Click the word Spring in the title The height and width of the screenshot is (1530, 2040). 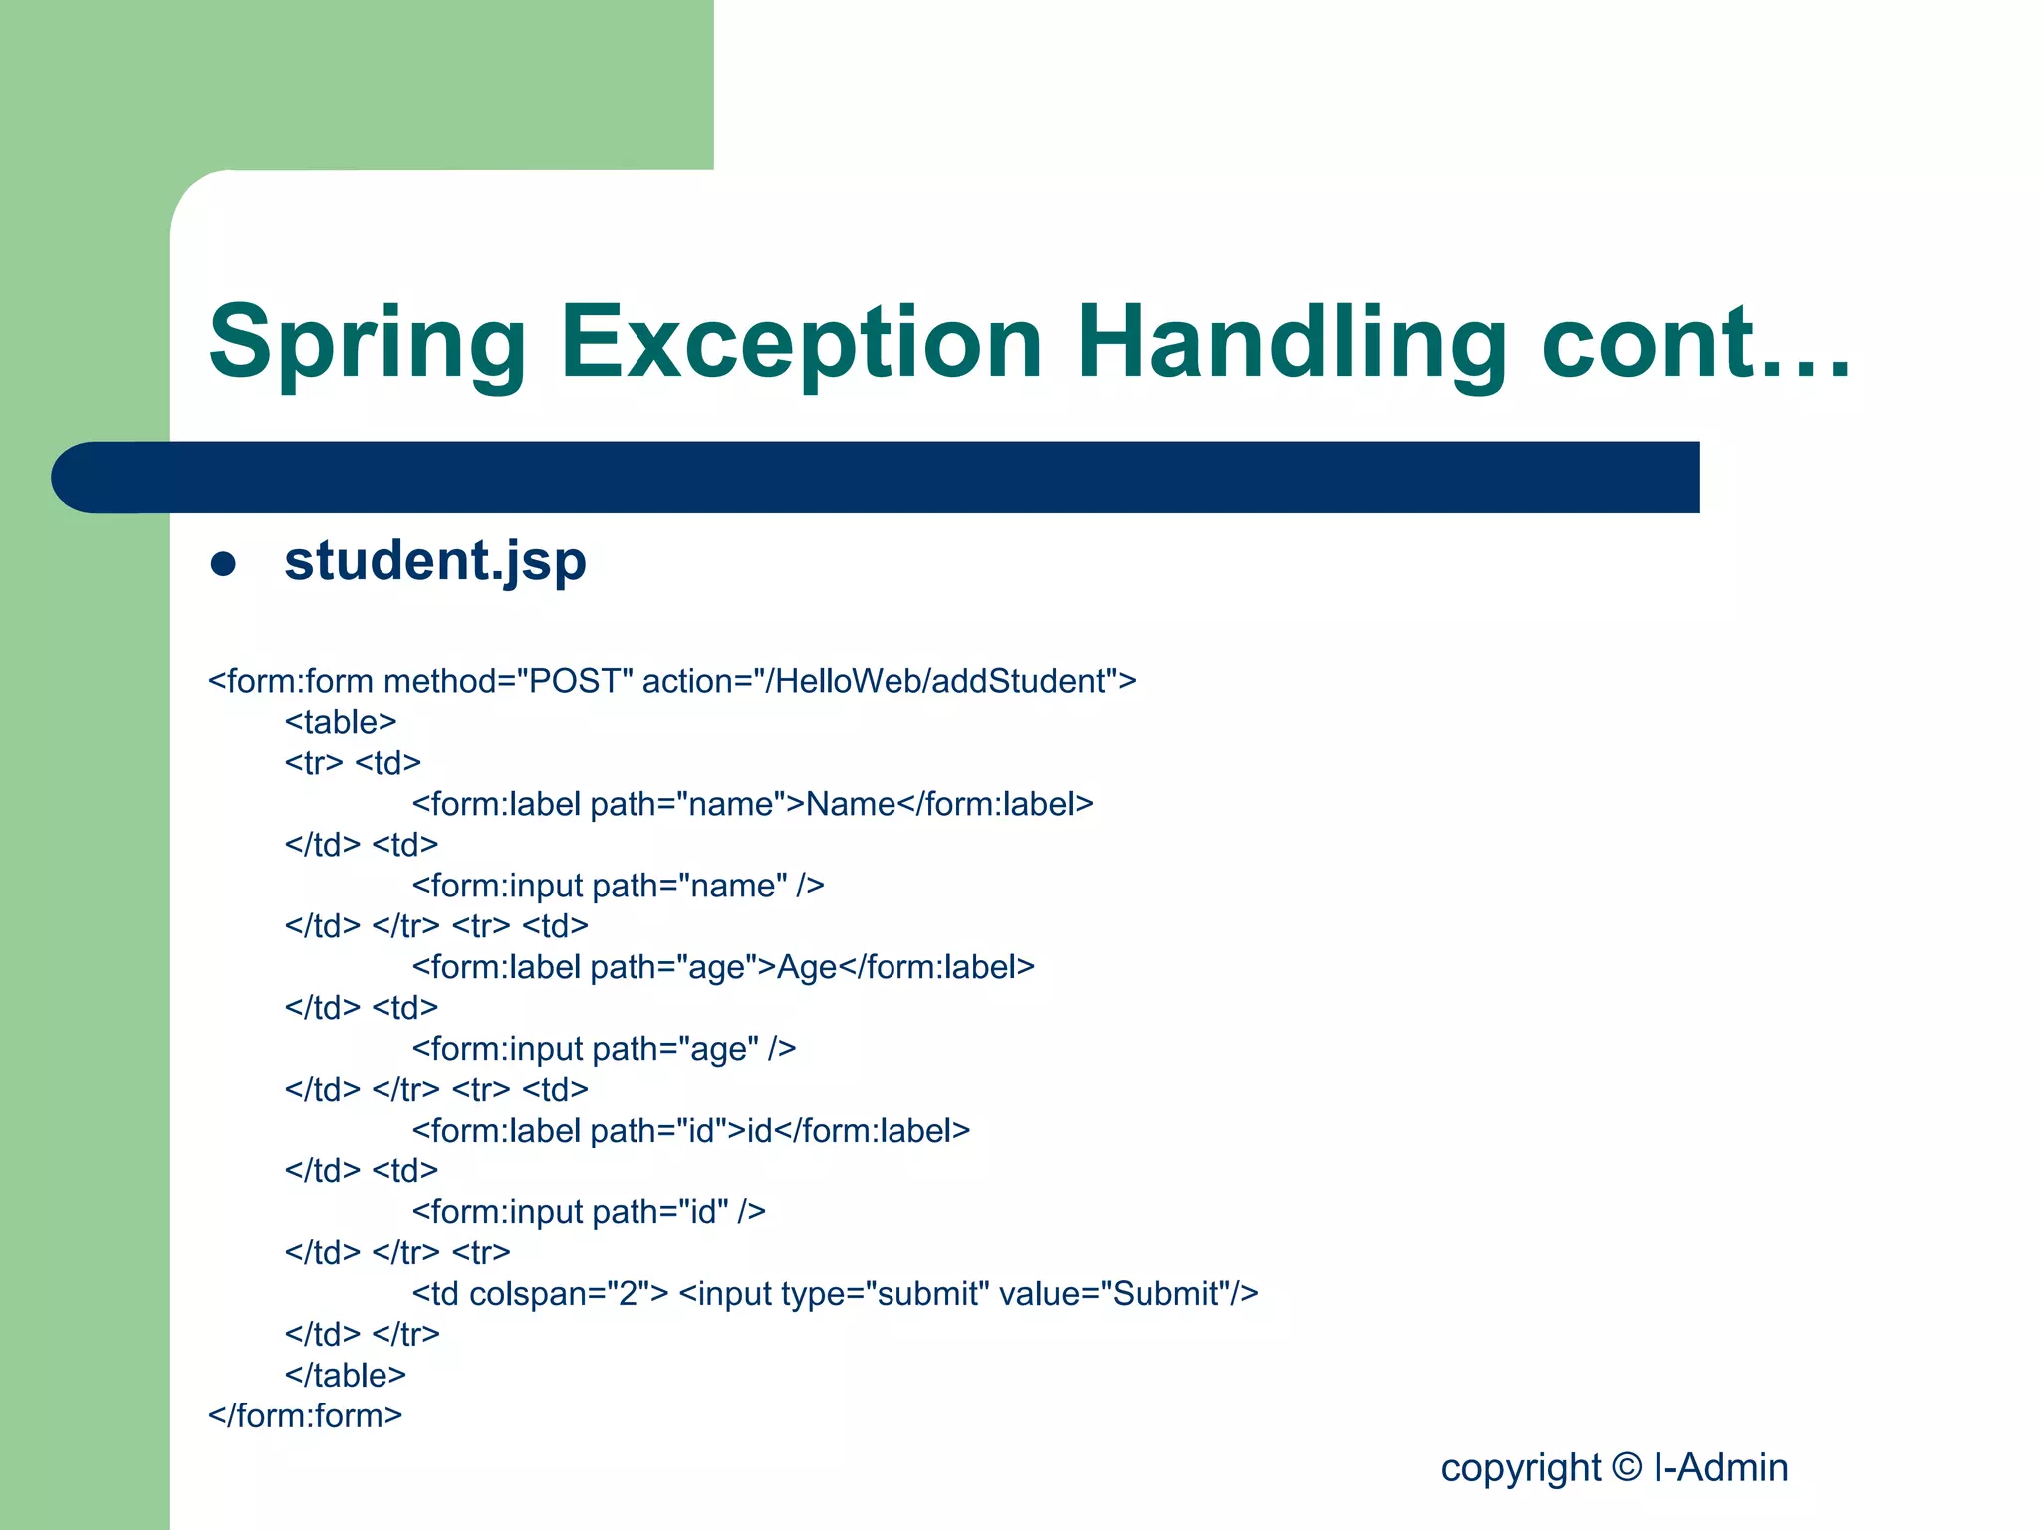(367, 344)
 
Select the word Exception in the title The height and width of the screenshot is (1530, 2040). (801, 344)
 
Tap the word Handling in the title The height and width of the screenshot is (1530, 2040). (1291, 344)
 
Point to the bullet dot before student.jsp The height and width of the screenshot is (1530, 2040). (223, 564)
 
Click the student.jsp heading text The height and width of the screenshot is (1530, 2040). (435, 561)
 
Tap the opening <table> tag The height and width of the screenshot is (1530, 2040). (341, 722)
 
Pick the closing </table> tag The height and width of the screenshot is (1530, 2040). (345, 1376)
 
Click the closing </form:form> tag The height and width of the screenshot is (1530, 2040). (305, 1416)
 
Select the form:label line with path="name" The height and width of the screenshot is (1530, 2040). (752, 805)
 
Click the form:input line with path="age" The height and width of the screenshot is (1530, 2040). (604, 1050)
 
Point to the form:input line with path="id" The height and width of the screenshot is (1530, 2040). (588, 1212)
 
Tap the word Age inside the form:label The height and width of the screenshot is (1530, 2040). (807, 968)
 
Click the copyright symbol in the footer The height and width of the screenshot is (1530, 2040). (1627, 1467)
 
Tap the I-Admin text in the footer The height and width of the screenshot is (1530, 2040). (1720, 1468)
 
